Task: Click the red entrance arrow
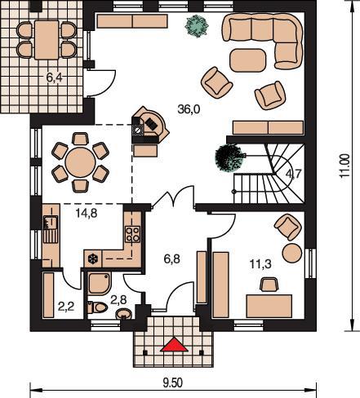[x=174, y=345]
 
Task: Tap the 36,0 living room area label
[x=189, y=109]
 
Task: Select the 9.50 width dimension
[x=173, y=383]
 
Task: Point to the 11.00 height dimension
[x=344, y=166]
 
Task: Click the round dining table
[x=80, y=162]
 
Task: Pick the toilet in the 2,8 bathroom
[x=97, y=307]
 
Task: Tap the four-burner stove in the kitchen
[x=133, y=234]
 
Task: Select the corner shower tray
[x=100, y=284]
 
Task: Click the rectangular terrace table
[x=47, y=40]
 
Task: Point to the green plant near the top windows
[x=197, y=25]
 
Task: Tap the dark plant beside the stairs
[x=229, y=158]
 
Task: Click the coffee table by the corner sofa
[x=247, y=60]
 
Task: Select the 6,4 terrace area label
[x=54, y=77]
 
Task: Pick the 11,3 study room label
[x=260, y=264]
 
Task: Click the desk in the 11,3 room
[x=269, y=306]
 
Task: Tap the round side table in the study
[x=292, y=253]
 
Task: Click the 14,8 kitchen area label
[x=87, y=214]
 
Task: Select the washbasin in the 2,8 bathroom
[x=124, y=314]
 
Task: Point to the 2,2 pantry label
[x=66, y=307]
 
